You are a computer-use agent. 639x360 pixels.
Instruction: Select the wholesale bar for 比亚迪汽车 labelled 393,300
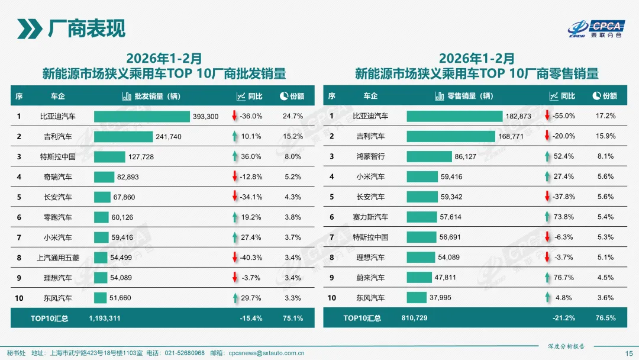pyautogui.click(x=141, y=117)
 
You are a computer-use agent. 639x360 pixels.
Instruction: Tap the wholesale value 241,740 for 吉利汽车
pyautogui.click(x=169, y=137)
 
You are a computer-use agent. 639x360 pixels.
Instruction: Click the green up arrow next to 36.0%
pyautogui.click(x=235, y=157)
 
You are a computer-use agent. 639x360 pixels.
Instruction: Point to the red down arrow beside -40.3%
pyautogui.click(x=235, y=258)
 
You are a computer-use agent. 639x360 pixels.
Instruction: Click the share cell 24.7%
pyautogui.click(x=293, y=117)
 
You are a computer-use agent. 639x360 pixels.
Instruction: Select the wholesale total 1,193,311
pyautogui.click(x=105, y=319)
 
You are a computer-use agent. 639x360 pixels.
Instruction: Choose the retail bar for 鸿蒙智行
pyautogui.click(x=429, y=157)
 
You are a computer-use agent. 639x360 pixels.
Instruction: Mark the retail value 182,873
pyautogui.click(x=518, y=117)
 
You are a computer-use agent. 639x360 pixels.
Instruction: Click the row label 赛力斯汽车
pyautogui.click(x=370, y=217)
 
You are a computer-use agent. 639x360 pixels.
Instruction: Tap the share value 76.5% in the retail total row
pyautogui.click(x=605, y=319)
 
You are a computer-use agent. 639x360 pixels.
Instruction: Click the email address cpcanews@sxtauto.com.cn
pyautogui.click(x=266, y=353)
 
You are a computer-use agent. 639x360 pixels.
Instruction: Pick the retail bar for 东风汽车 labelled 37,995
pyautogui.click(x=416, y=298)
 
